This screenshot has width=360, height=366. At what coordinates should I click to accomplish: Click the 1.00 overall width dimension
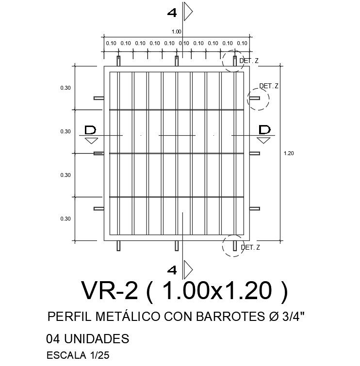176,32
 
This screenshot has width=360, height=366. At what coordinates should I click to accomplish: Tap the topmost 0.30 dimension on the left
65,88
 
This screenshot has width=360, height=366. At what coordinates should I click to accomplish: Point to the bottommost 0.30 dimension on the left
65,219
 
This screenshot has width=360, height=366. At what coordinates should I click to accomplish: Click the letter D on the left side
91,130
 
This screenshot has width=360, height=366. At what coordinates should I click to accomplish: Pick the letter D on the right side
264,130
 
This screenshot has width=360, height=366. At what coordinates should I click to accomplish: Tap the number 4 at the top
172,13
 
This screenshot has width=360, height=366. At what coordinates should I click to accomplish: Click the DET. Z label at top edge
249,61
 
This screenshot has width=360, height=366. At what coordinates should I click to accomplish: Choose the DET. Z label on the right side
268,86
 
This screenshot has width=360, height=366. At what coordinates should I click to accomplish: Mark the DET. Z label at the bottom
250,248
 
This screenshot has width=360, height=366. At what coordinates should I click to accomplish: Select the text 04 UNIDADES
87,338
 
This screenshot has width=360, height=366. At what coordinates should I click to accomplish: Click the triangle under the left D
91,141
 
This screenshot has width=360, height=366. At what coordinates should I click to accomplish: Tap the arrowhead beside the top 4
189,12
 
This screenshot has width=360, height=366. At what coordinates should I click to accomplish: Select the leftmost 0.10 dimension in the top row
111,43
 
